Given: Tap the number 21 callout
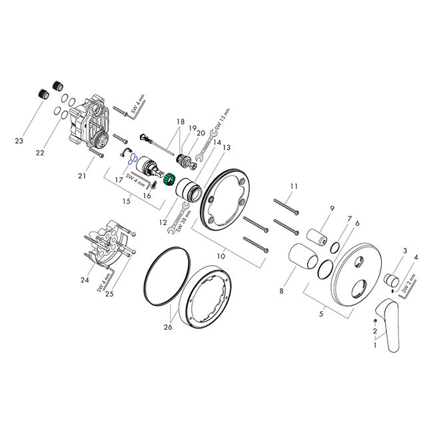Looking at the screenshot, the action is (x=83, y=175).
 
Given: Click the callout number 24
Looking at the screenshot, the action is (x=85, y=280).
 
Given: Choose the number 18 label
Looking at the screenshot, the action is (x=179, y=121).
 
